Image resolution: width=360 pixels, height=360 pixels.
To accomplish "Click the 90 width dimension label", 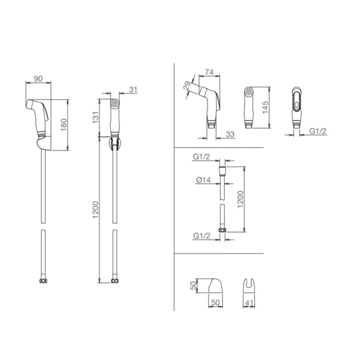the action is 38,78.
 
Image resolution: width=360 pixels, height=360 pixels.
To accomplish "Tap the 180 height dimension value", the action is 64,125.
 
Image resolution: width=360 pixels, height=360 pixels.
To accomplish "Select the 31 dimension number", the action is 133,89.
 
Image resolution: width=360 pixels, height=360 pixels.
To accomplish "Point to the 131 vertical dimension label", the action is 96,117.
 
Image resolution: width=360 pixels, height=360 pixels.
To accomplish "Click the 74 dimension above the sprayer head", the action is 209,72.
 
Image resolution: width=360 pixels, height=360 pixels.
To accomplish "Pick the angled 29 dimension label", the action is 187,86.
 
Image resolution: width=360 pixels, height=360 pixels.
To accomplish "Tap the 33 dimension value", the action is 230,134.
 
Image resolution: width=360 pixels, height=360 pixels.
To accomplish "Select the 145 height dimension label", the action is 265,107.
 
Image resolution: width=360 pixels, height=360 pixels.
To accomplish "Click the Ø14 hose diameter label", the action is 203,180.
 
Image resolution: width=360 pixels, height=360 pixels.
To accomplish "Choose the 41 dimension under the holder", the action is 249,303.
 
